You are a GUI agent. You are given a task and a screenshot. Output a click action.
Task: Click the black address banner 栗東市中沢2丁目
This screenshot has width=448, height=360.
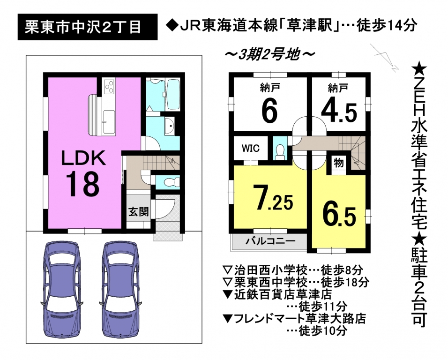click(88, 27)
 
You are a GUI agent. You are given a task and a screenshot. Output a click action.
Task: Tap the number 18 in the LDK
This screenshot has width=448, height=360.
click(83, 184)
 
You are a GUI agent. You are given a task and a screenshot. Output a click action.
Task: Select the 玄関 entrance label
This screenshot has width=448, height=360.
click(138, 212)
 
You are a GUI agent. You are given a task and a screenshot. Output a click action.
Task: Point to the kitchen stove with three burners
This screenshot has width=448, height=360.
click(110, 86)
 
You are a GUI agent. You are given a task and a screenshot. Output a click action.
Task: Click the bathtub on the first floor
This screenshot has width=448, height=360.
click(173, 95)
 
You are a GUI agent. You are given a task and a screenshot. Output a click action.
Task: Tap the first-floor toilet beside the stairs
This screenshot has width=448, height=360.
click(171, 182)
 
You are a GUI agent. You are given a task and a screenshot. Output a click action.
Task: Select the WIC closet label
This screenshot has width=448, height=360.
click(251, 148)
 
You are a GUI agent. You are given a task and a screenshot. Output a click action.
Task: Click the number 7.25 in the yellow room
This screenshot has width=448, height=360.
click(274, 199)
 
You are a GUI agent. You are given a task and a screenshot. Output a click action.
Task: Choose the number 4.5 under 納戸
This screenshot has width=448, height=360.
click(339, 113)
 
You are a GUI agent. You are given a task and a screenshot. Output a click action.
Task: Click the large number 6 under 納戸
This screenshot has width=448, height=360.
click(269, 112)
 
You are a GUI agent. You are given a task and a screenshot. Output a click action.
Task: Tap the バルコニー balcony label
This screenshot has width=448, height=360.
click(270, 241)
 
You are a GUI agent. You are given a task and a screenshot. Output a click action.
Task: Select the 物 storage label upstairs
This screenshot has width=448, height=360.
click(338, 163)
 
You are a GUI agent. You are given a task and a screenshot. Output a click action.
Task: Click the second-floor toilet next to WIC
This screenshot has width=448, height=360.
click(280, 151)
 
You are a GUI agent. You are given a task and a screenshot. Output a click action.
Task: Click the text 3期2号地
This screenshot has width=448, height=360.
click(270, 54)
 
